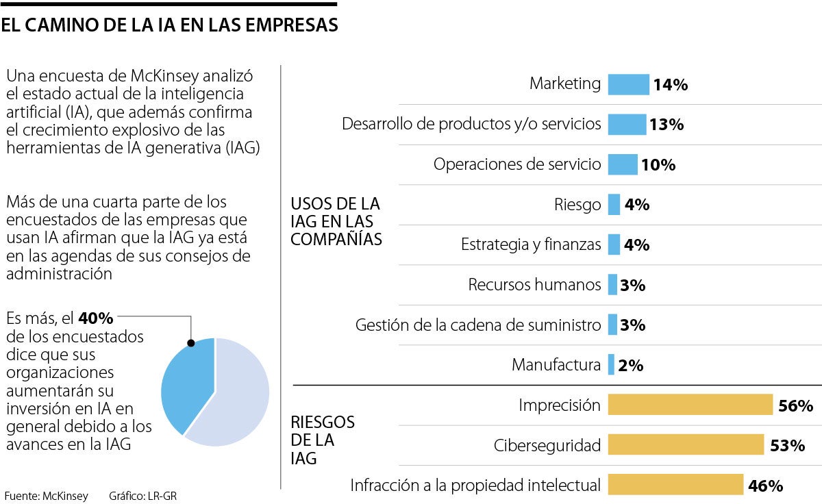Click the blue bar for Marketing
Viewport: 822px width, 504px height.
[x=628, y=84]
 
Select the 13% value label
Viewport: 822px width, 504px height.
[x=667, y=125]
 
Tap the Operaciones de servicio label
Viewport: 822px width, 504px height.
[x=517, y=164]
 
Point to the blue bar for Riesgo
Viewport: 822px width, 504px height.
[x=614, y=205]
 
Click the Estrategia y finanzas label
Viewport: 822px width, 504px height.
[x=531, y=244]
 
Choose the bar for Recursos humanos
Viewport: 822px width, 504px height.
[x=612, y=285]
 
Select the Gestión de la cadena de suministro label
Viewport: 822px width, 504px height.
[x=477, y=325]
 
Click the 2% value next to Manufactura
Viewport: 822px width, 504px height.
[x=630, y=366]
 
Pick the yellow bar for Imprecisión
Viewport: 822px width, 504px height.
[x=690, y=405]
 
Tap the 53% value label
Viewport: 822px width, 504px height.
[x=787, y=446]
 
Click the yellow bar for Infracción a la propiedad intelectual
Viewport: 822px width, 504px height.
[x=675, y=485]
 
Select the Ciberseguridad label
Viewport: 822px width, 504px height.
[x=547, y=446]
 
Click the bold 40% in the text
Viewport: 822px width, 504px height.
[x=96, y=319]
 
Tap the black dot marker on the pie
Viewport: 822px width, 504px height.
[x=191, y=343]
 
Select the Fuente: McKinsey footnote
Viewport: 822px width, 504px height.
[x=46, y=496]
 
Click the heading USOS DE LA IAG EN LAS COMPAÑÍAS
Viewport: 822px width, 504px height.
[x=336, y=221]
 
